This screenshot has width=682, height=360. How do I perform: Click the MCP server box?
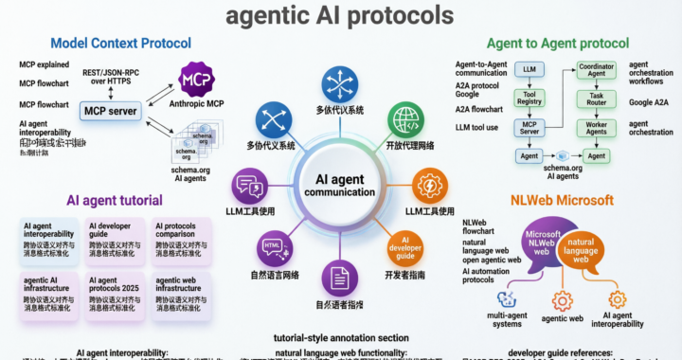109,111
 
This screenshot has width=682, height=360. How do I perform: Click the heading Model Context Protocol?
120,43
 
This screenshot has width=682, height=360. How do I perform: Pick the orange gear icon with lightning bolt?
431,184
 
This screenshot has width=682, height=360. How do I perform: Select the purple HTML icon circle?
273,248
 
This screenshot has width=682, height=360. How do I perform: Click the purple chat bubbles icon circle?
250,184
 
